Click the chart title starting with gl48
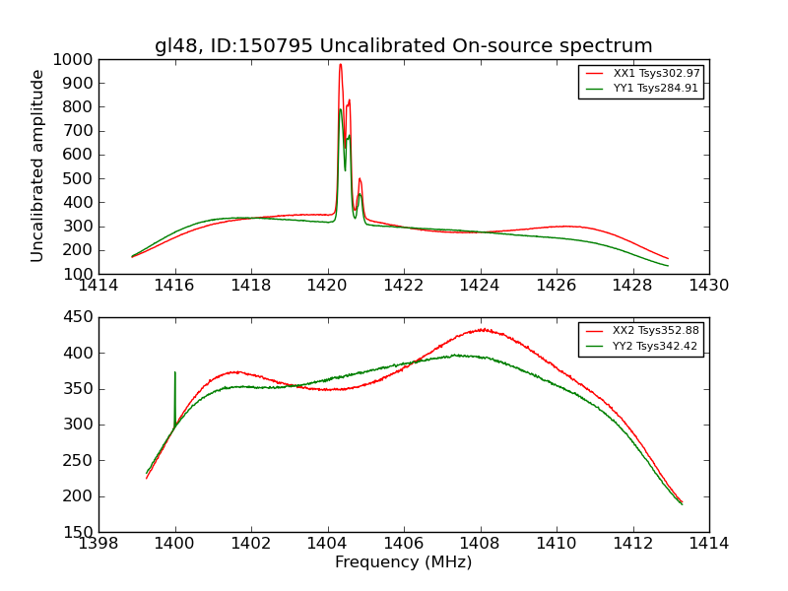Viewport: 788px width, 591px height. (403, 46)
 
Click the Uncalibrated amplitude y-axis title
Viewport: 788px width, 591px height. (37, 165)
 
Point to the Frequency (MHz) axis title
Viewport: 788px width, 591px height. (403, 562)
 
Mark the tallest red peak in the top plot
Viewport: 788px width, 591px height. (341, 65)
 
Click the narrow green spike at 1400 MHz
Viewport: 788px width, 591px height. (175, 373)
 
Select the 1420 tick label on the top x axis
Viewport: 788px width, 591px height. (327, 286)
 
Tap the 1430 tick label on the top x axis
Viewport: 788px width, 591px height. (708, 286)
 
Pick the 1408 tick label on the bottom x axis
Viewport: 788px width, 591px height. (480, 544)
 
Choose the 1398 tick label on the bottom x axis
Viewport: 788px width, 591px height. (99, 544)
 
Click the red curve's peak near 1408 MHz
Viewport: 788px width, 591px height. (482, 329)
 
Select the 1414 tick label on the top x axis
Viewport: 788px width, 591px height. (99, 286)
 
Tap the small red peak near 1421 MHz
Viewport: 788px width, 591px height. (360, 179)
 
